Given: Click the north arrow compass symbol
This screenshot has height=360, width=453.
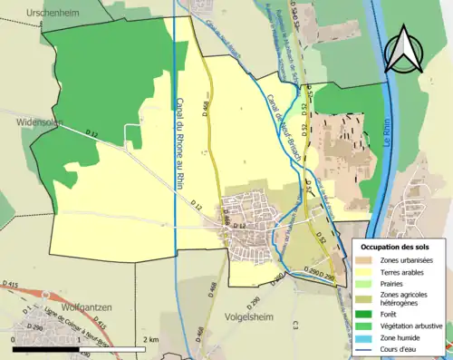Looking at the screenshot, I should [403, 48].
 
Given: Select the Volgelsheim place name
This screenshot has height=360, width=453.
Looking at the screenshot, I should [251, 318].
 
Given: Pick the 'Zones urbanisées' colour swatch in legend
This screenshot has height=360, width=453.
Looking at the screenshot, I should [366, 261].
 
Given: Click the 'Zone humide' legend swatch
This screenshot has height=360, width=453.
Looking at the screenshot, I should [366, 339].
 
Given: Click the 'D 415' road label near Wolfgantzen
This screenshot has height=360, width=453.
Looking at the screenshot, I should [11, 286].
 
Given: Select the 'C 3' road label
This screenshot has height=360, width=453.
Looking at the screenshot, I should [295, 324].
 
